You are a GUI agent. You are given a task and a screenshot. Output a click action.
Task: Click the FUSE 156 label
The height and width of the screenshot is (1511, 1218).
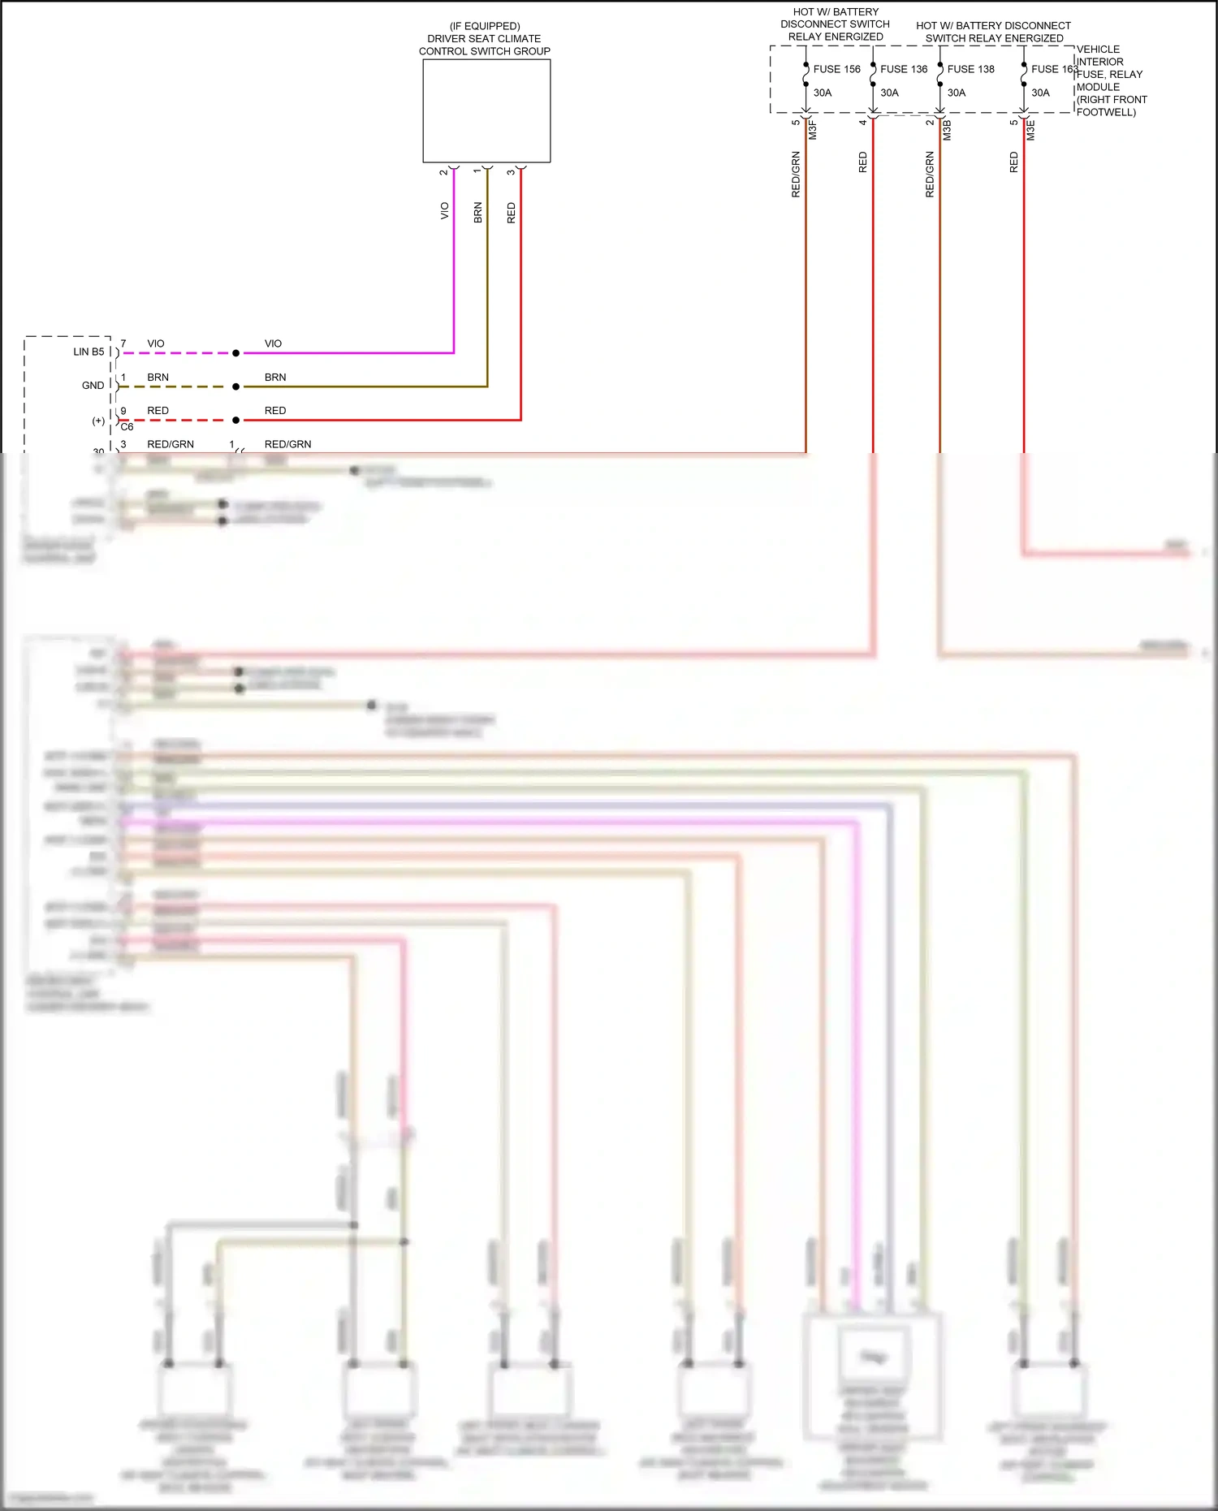coord(836,69)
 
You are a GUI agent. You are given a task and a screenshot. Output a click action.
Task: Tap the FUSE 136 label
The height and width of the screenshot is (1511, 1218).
coord(903,69)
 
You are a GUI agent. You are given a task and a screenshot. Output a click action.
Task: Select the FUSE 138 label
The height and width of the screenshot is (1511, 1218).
coord(970,69)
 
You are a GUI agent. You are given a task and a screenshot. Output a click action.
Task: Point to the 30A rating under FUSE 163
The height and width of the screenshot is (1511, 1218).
coord(1040,93)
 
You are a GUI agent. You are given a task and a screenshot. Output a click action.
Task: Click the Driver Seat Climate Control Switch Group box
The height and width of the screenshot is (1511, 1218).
coord(486,110)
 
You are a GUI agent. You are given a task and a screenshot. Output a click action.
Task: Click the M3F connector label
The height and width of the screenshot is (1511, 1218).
coord(812,129)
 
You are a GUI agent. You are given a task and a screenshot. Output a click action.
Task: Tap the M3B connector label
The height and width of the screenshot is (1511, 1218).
coord(947,130)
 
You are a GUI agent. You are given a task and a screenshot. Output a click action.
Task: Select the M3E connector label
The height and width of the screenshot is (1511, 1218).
coord(1030,130)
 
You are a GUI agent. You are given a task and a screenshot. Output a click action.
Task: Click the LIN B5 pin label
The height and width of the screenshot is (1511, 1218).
coord(89,352)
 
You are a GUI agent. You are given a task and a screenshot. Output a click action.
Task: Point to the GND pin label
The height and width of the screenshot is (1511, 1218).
coord(93,386)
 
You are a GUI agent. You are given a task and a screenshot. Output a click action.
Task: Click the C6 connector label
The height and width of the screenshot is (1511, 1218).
coord(127,427)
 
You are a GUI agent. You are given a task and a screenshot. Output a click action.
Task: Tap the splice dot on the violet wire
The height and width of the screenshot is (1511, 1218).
coord(235,353)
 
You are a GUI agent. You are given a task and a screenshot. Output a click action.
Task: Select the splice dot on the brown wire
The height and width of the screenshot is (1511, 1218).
coord(235,386)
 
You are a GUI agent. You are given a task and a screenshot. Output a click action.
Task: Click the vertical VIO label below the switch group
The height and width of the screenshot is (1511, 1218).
coord(444,210)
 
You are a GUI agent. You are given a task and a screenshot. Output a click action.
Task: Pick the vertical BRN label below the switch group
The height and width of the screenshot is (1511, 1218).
coord(477,213)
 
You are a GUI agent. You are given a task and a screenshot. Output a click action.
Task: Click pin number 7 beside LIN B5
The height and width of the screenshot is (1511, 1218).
coord(123,343)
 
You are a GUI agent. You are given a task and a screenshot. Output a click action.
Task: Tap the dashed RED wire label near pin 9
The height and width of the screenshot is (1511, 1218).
coord(158,411)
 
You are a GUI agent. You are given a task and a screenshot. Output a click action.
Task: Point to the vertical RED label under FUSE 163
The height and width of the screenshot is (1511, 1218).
coord(1013,162)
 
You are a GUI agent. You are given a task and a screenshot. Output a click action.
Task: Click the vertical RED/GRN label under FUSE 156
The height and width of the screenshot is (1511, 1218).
coord(796,174)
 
